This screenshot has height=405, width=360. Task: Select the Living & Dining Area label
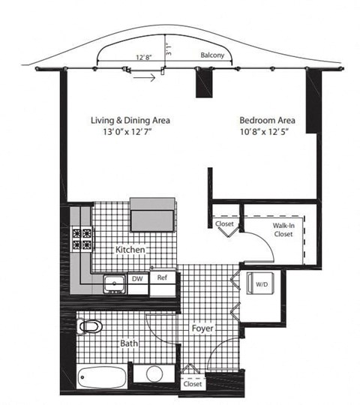[x=130, y=120]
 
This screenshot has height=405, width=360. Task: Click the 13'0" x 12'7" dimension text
[x=130, y=133]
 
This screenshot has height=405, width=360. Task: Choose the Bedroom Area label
[x=267, y=120]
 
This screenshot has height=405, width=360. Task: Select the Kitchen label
[x=130, y=249]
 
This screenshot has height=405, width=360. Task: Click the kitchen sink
[x=115, y=283]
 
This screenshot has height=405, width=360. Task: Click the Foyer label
[x=202, y=328]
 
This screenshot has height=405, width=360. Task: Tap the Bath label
[x=130, y=344]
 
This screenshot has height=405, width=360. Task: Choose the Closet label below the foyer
[x=192, y=384]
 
